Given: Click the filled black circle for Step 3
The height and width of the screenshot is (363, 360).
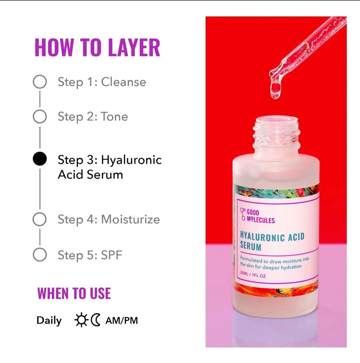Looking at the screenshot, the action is click(40, 159).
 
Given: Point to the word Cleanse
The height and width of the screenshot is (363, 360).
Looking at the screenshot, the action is click(123, 82).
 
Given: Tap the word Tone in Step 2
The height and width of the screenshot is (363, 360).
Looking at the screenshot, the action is click(115, 117).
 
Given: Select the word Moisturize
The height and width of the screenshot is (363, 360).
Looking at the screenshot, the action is click(130, 219).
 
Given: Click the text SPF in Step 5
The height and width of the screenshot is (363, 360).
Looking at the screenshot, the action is click(111, 255).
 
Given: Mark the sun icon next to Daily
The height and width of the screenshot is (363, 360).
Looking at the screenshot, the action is click(81, 320).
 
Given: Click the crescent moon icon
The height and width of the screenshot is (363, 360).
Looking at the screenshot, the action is click(95, 320).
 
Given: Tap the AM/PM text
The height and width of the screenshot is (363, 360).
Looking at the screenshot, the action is click(122, 321).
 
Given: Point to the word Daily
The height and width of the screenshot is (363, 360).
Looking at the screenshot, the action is click(49, 321).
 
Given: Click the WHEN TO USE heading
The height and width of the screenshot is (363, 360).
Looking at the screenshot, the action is click(74, 293).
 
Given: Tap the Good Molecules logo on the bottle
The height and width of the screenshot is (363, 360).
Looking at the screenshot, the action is click(258, 216).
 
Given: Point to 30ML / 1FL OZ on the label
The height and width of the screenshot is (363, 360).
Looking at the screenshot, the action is click(253, 274).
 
